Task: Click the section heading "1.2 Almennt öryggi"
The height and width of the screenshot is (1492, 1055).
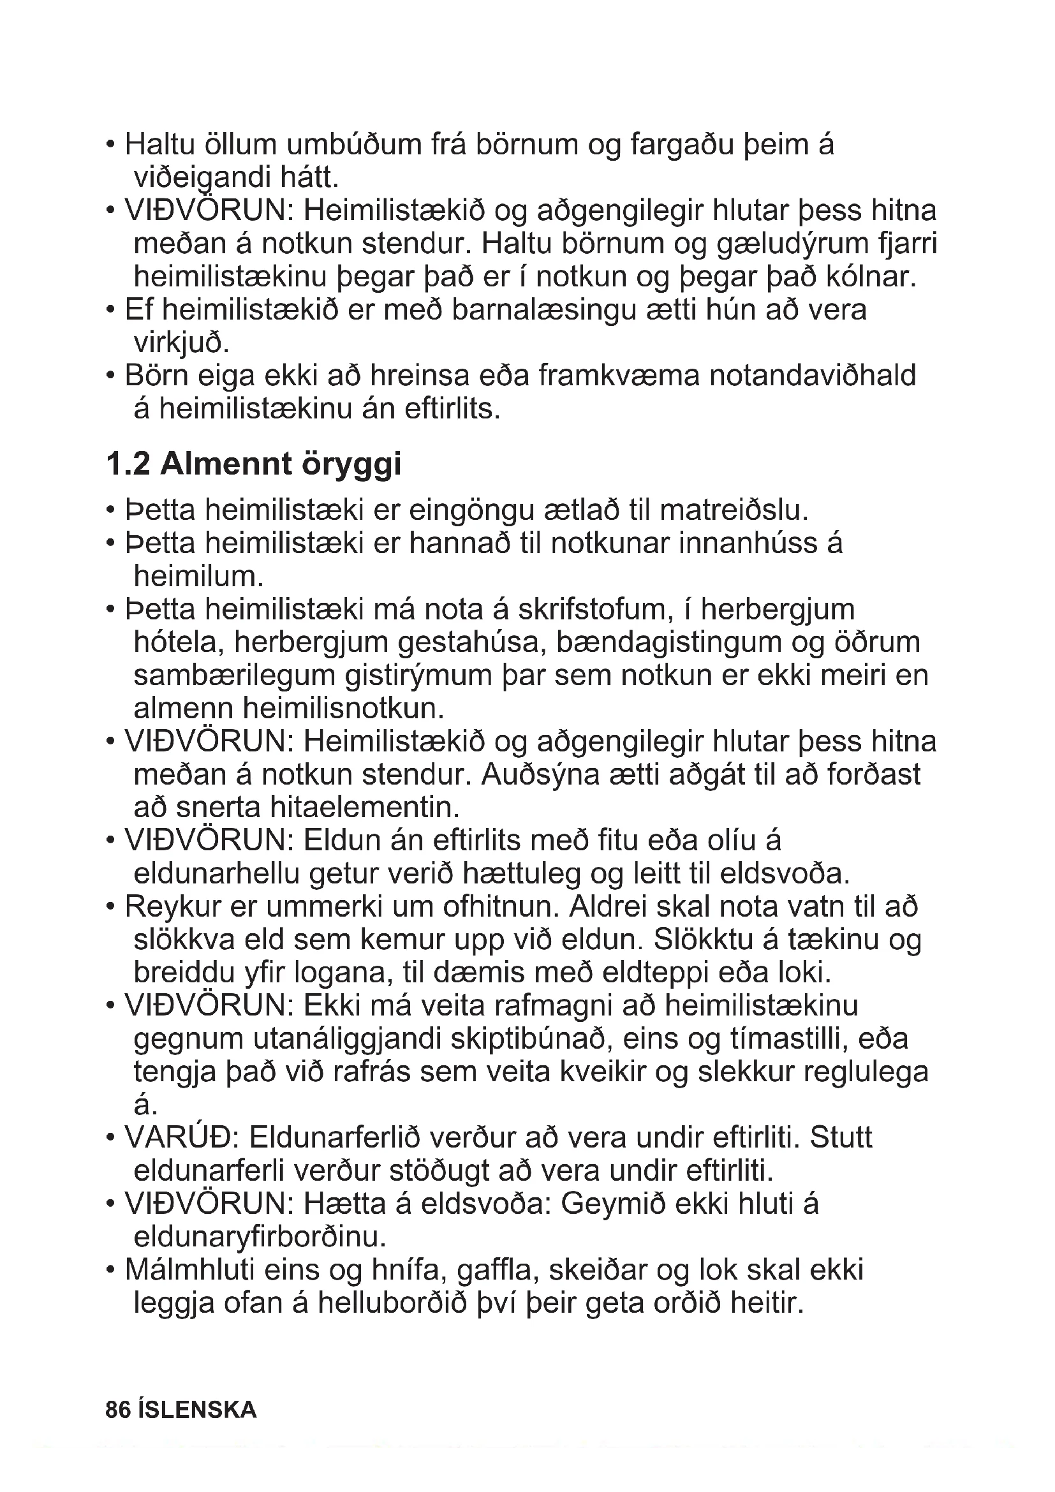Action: click(253, 465)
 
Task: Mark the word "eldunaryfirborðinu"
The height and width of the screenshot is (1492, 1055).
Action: click(259, 1237)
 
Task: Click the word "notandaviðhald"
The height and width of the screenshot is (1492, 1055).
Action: click(813, 376)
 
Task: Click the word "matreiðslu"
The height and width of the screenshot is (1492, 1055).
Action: click(734, 510)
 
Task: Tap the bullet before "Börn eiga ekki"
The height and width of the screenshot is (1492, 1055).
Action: click(111, 376)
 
